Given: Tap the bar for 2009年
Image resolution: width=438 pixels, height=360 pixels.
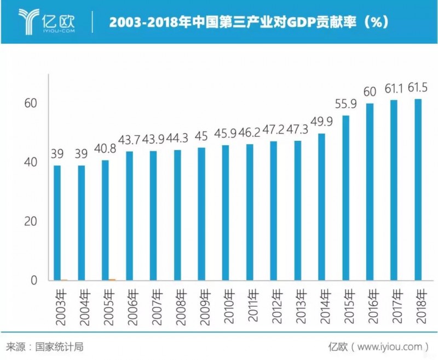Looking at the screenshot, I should pyautogui.click(x=201, y=214).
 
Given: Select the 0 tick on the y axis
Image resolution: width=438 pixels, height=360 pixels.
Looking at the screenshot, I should pyautogui.click(x=34, y=281).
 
